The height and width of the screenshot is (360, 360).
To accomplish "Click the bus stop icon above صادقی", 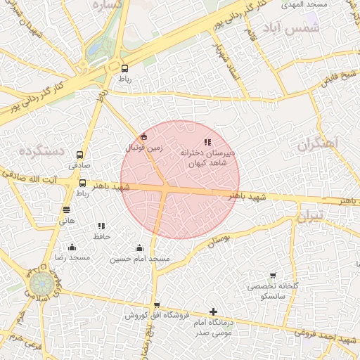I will coord(79,155).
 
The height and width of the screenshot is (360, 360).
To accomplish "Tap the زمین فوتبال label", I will coord(143,148).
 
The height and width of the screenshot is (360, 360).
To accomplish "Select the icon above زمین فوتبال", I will coord(144,136).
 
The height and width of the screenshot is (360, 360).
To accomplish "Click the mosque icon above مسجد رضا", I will coord(72,247).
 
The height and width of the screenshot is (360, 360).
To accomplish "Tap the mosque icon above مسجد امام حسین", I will coord(139,247).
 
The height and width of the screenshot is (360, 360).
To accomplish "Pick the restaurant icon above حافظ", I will coord(102,226).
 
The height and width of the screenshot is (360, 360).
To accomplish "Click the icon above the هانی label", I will coord(67,210).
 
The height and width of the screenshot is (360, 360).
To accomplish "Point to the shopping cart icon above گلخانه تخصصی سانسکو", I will coord(272,275).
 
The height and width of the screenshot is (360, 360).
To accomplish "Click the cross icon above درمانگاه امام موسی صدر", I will coord(213,311).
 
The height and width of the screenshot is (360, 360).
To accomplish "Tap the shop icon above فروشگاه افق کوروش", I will coord(156,305).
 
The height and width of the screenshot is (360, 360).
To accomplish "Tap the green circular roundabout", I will coord(40,284).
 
